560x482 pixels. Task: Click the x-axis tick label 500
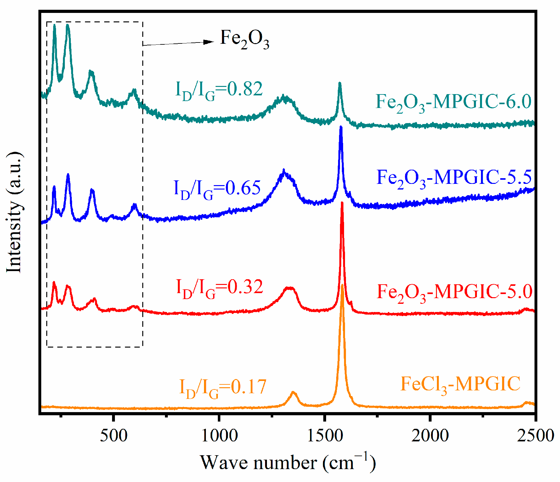tap(114, 436)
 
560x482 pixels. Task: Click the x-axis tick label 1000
tap(219, 436)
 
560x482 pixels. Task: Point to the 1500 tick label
tap(325, 436)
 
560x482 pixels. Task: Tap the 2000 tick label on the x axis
tap(430, 436)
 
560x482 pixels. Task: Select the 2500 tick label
tap(535, 436)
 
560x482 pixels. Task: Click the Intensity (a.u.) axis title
tap(14, 213)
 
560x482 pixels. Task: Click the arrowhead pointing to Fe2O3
tap(209, 42)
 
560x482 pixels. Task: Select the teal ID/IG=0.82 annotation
tap(219, 90)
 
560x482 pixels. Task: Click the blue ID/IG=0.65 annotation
tap(217, 190)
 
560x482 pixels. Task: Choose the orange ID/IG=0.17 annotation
tap(223, 388)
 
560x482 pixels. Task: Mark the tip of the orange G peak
tap(342, 285)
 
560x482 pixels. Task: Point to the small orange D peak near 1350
tap(293, 393)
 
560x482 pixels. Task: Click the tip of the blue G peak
tap(341, 127)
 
